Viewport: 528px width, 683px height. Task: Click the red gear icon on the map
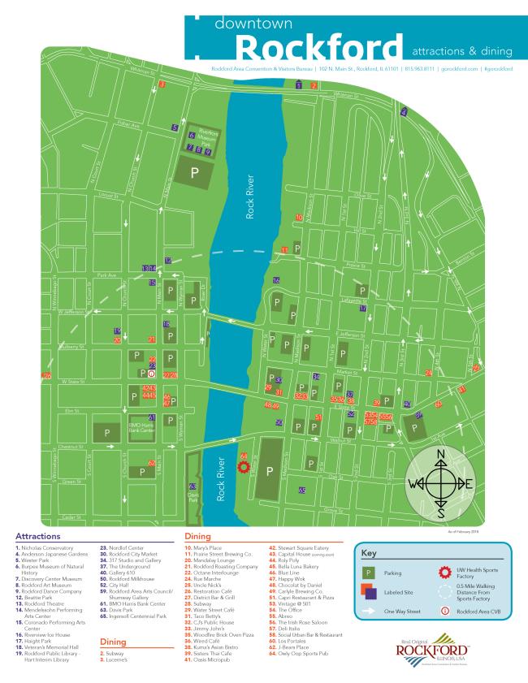tap(242, 467)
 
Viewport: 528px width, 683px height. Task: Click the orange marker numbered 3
tap(162, 84)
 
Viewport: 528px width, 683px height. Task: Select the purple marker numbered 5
tap(175, 128)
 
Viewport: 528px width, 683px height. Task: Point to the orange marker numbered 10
tap(300, 218)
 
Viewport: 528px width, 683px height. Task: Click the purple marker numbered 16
tap(277, 280)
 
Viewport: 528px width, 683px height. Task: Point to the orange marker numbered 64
tap(244, 456)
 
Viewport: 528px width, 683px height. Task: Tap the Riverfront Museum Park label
tap(210, 137)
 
